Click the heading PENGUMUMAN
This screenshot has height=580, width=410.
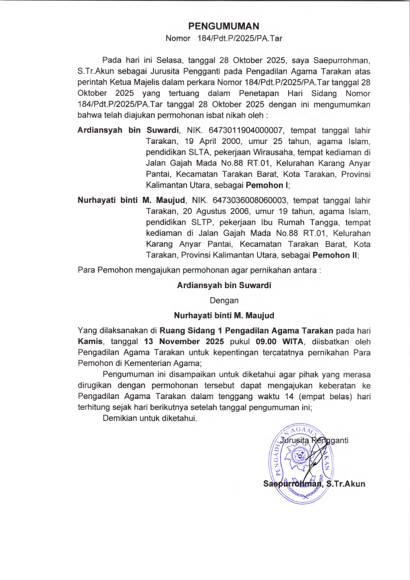tap(224, 26)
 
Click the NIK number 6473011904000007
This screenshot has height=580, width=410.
tap(245, 130)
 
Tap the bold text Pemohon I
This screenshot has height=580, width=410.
tap(267, 185)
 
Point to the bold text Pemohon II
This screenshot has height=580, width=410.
tap(335, 255)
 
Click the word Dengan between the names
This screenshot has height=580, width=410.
tap(224, 301)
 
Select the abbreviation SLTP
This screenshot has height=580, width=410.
tap(201, 222)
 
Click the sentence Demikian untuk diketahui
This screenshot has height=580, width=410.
tap(150, 418)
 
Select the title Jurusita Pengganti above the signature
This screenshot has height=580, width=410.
tap(314, 440)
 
